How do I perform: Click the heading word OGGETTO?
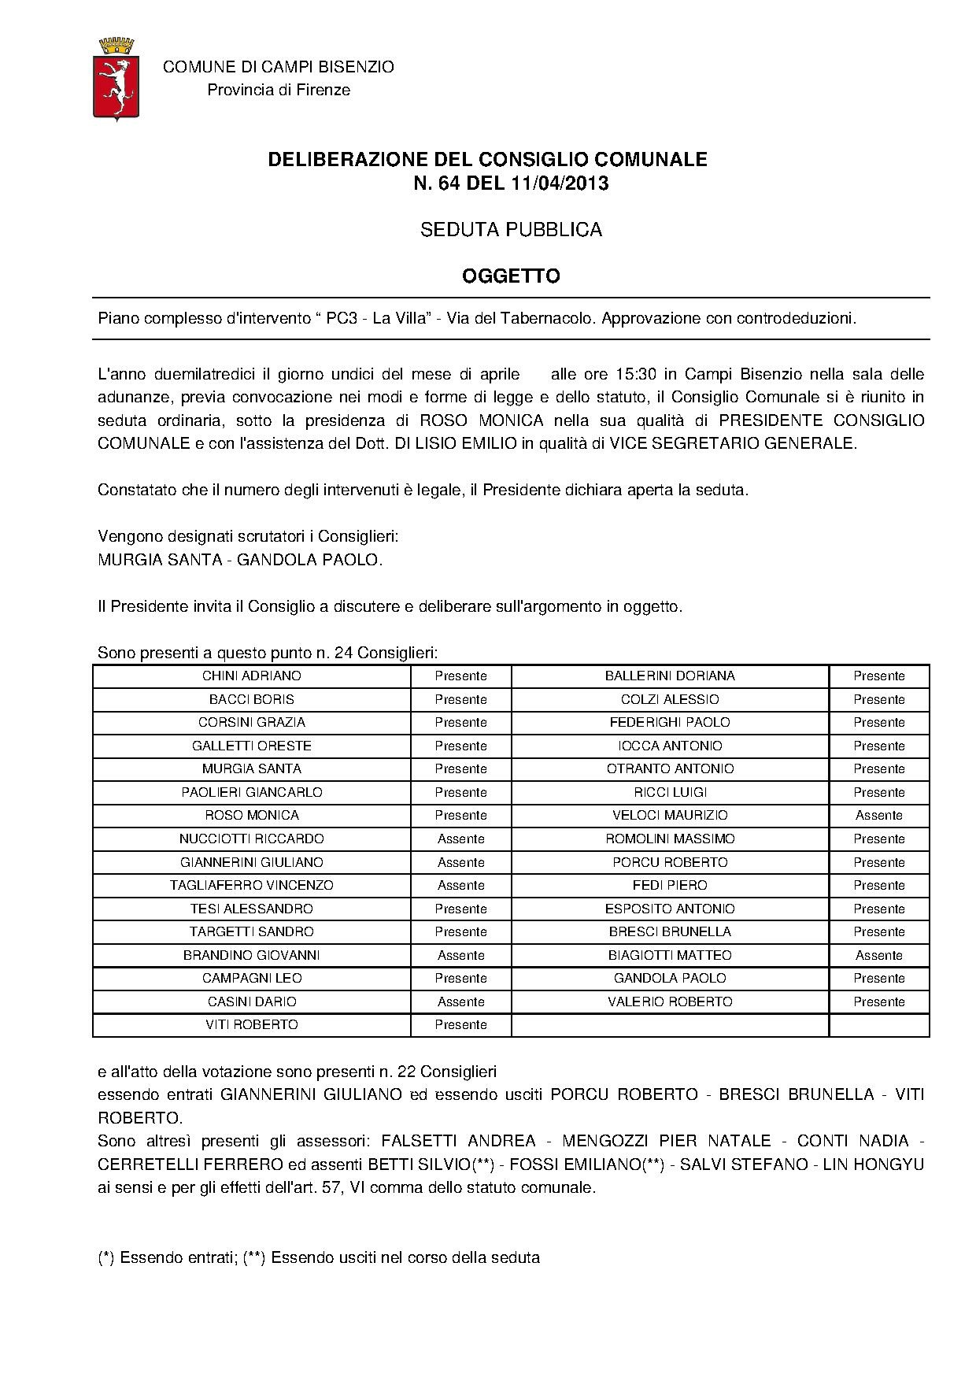(511, 276)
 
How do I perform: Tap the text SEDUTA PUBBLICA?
(511, 230)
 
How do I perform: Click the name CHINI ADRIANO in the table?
(251, 676)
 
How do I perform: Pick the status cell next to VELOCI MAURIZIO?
(878, 816)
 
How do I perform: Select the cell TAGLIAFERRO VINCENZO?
(251, 886)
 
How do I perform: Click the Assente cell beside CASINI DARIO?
(460, 1002)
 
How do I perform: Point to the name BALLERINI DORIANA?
(670, 676)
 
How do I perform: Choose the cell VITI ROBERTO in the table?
(251, 1025)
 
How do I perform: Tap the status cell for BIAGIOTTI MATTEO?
(878, 956)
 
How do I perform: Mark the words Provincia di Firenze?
(279, 90)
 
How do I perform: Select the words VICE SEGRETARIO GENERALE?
(731, 443)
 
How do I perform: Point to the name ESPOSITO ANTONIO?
(670, 909)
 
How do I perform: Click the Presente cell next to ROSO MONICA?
(460, 816)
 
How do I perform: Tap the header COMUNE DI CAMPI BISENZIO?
(279, 68)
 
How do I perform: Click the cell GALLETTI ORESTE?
(251, 746)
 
